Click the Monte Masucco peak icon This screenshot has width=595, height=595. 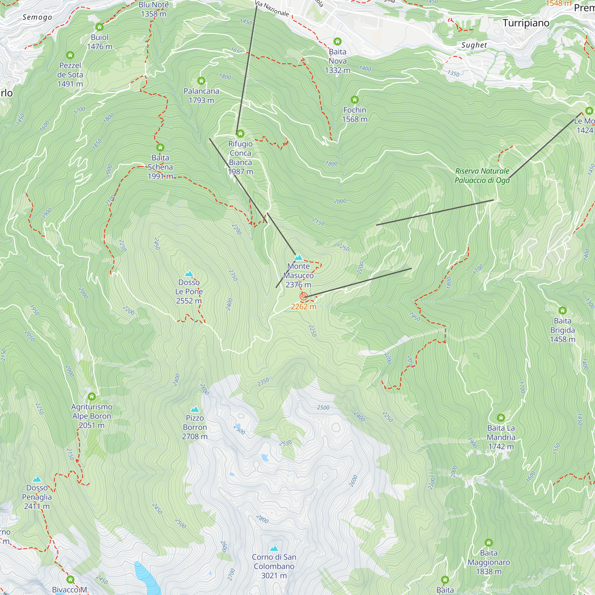(298, 257)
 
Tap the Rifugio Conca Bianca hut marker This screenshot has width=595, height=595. (240, 133)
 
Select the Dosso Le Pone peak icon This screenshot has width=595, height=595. (189, 273)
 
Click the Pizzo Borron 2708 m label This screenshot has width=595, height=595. (195, 427)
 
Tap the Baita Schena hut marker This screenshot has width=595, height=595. (160, 147)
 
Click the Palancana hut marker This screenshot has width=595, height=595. (201, 81)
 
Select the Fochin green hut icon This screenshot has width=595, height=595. (355, 99)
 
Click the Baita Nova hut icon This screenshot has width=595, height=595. (337, 41)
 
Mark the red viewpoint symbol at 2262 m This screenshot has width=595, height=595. (304, 296)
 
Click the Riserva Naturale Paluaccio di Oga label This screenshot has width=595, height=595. (482, 176)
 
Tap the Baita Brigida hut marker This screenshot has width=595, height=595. (562, 310)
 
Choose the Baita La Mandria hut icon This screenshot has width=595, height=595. (501, 418)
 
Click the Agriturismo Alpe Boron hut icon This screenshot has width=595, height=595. (92, 396)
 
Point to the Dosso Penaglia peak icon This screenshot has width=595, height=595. (37, 479)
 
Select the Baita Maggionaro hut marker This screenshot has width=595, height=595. (488, 543)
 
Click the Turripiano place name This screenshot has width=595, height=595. (526, 23)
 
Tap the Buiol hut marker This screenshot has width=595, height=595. (99, 27)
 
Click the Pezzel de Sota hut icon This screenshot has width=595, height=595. (70, 55)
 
